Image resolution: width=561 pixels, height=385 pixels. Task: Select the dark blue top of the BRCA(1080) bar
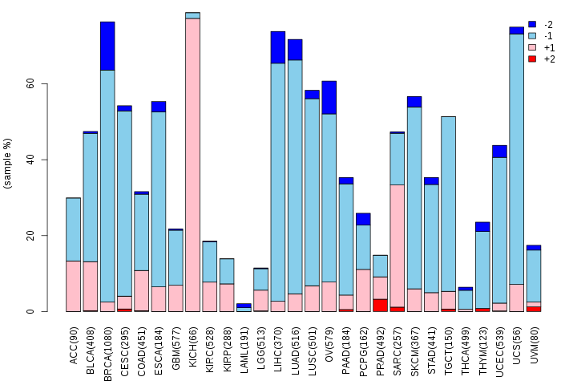107,46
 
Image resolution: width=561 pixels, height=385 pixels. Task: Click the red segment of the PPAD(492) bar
380,305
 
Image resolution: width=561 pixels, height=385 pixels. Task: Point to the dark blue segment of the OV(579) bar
329,97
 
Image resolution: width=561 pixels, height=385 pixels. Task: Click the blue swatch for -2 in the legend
532,25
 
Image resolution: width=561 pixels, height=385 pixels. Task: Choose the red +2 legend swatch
532,59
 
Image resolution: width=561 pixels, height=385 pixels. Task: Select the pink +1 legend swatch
532,48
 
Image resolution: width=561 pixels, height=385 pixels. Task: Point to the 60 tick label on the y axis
29,84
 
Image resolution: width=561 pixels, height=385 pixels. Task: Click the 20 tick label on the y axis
29,236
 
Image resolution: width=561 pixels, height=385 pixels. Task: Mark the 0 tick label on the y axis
31,311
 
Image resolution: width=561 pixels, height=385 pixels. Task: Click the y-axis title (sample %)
9,164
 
